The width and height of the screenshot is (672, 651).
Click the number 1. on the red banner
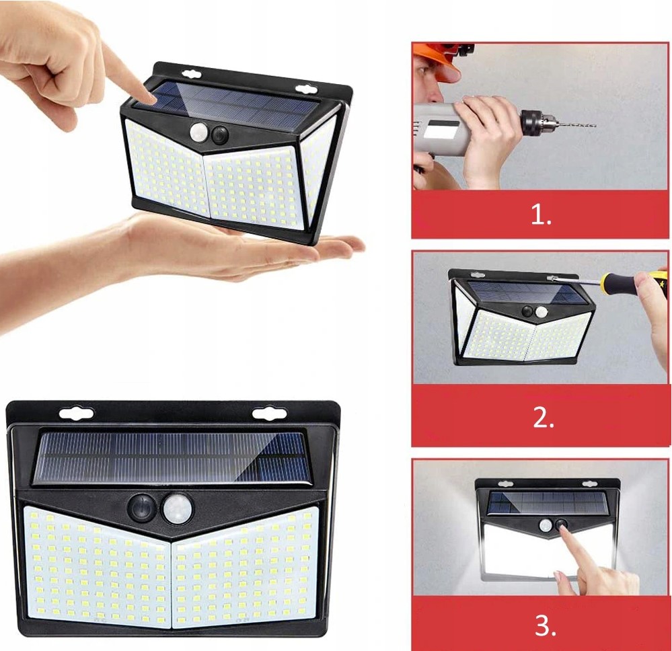(x=541, y=215)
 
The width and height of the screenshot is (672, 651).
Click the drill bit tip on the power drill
(x=595, y=126)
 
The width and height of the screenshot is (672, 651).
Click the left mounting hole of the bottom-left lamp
(x=76, y=413)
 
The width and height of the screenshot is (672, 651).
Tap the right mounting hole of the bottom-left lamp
(x=269, y=414)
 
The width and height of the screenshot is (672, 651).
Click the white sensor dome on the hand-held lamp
(x=198, y=132)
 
